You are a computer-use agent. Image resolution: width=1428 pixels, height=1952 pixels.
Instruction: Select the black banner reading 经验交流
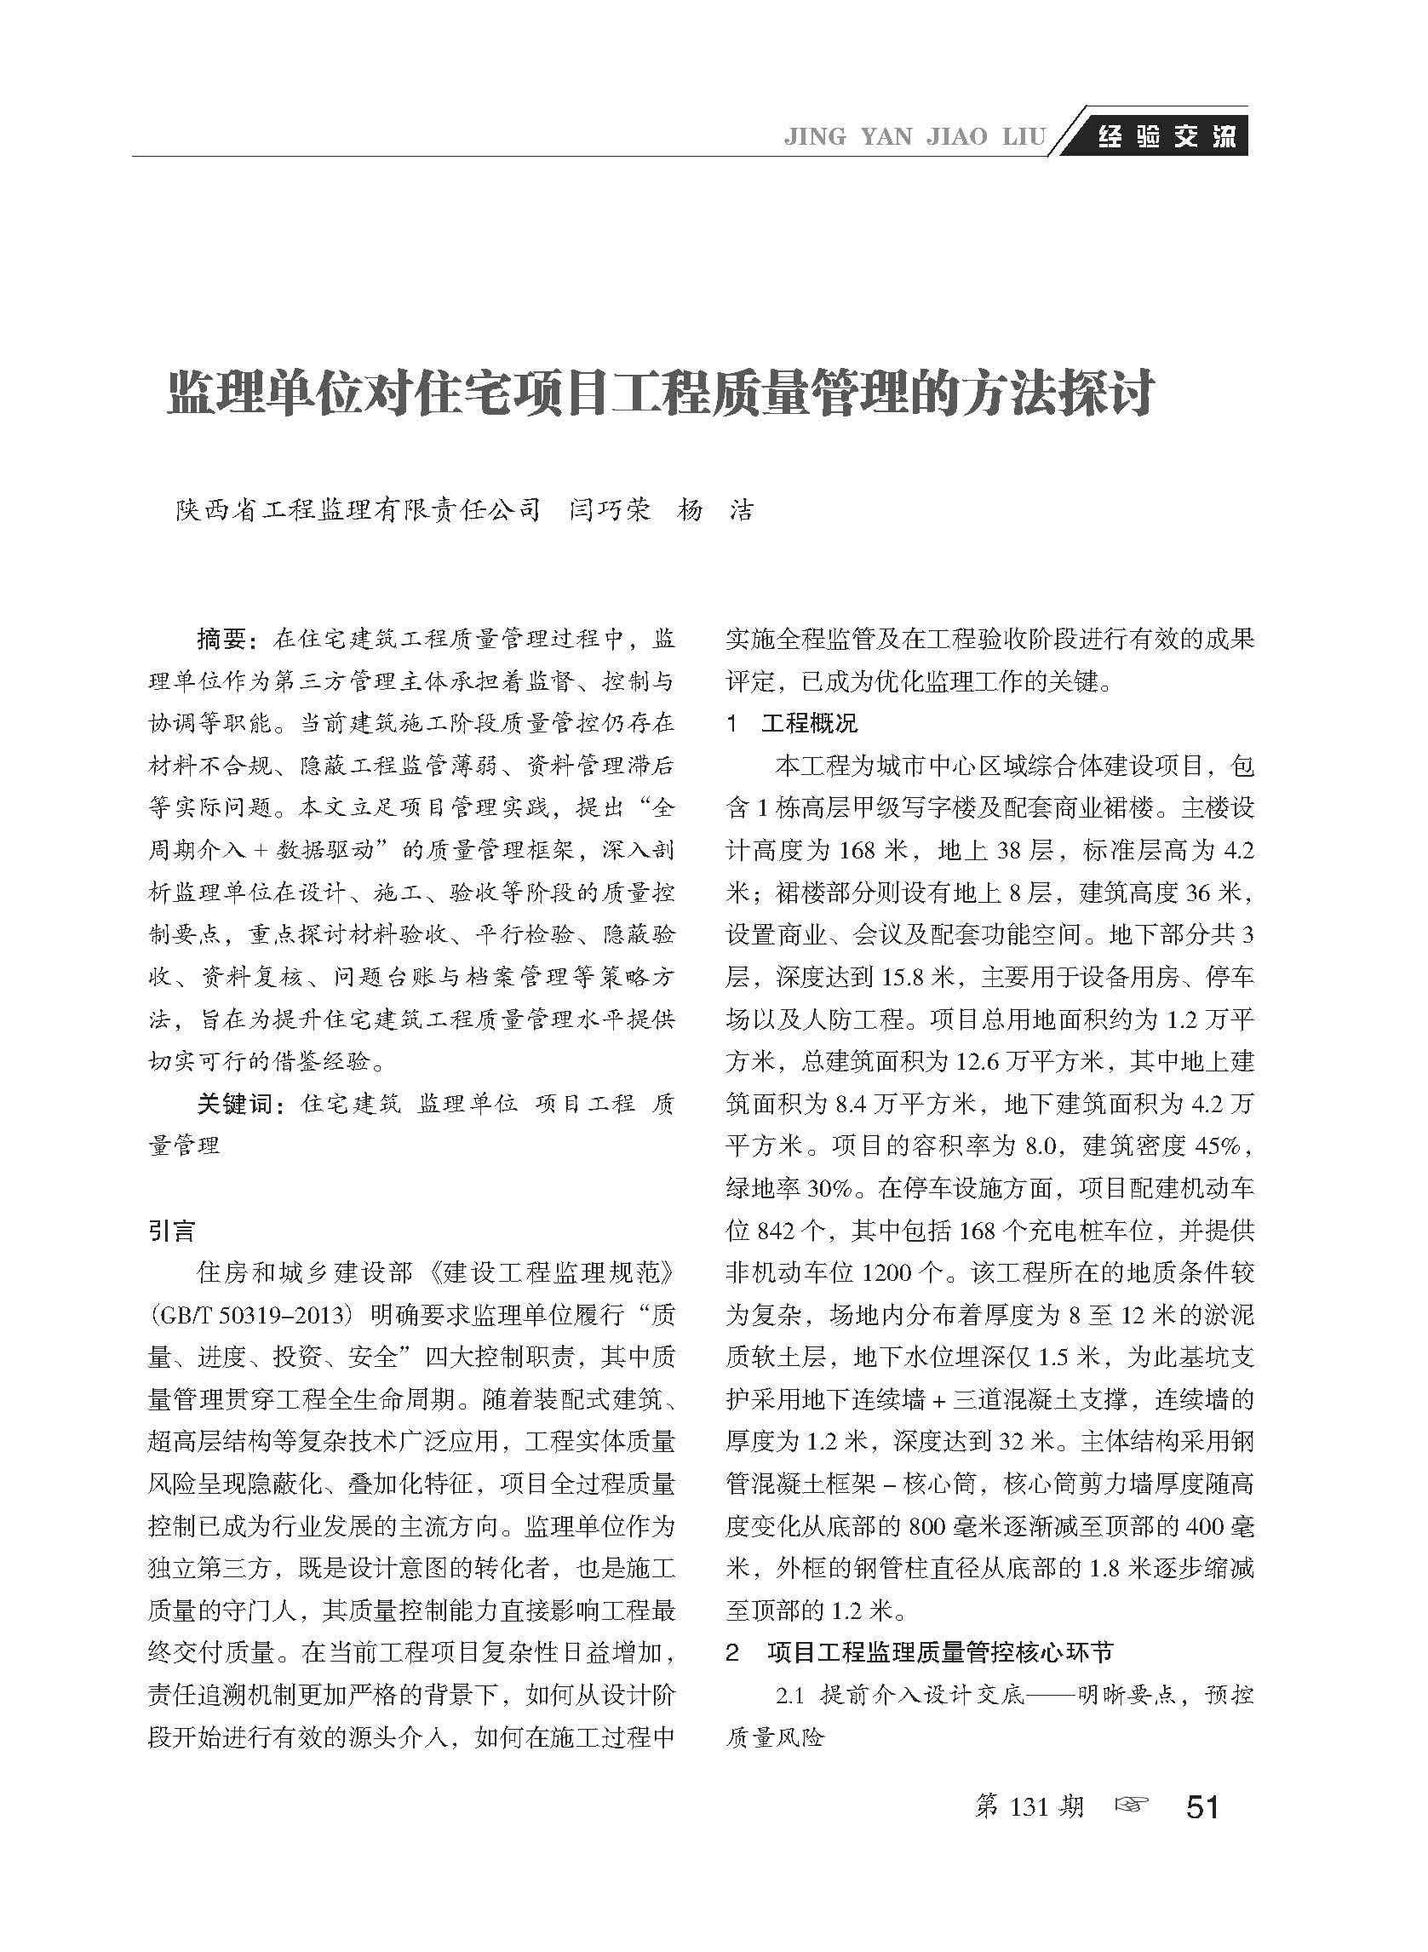pyautogui.click(x=1166, y=136)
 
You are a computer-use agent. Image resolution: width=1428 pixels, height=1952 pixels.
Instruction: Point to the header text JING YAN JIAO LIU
pyautogui.click(x=914, y=137)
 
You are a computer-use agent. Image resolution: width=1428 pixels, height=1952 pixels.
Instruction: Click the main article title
pyautogui.click(x=661, y=393)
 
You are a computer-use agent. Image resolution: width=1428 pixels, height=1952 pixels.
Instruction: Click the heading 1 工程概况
pyautogui.click(x=792, y=724)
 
